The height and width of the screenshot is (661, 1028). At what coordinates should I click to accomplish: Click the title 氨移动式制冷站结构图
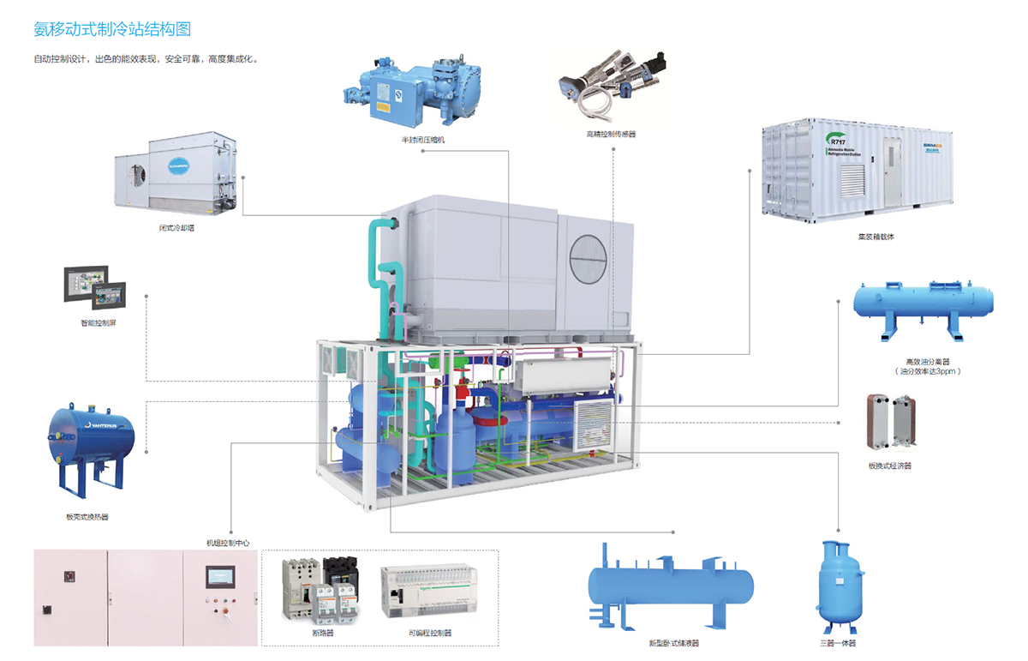[112, 29]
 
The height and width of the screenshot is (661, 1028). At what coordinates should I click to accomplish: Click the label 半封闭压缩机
[423, 139]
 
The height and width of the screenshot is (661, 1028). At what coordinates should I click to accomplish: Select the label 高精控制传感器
[611, 134]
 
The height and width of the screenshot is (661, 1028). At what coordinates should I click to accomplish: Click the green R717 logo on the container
[837, 140]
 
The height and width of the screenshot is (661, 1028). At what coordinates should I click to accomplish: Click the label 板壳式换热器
[87, 517]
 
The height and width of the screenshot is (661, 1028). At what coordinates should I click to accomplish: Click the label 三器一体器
[837, 642]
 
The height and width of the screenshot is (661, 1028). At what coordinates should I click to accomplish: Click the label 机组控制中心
[228, 543]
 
